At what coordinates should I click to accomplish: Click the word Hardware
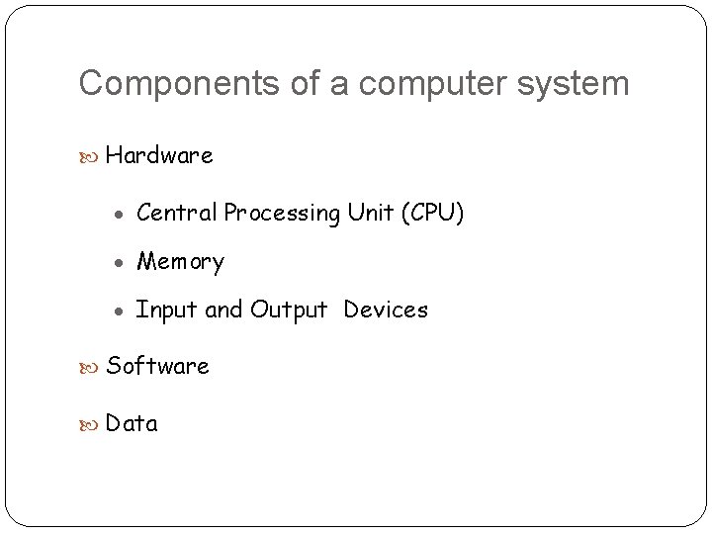[x=159, y=156]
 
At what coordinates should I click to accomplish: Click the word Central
[x=177, y=213]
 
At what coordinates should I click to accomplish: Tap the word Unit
[x=371, y=213]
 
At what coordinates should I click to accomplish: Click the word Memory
[x=180, y=262]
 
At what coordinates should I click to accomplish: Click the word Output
[x=288, y=311]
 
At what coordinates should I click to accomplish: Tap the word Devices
[x=386, y=311]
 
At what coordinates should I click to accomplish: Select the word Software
[x=157, y=366]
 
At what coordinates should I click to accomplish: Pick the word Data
[x=132, y=424]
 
